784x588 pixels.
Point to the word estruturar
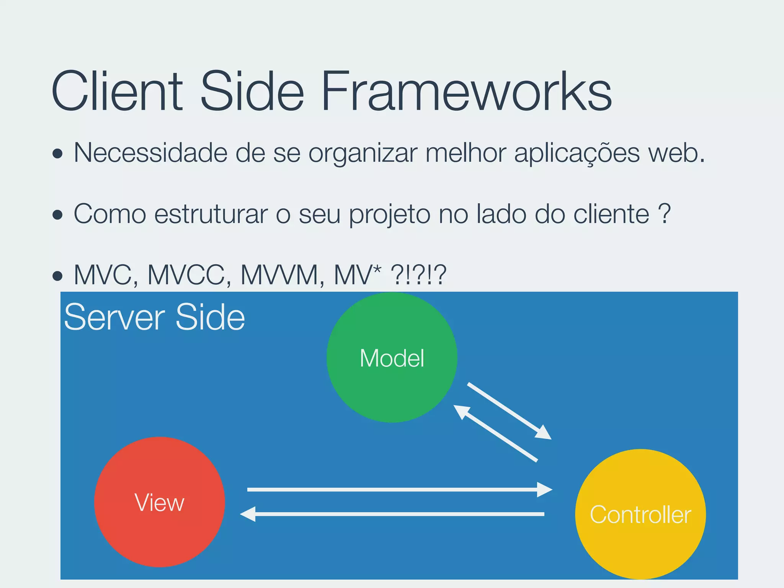(x=211, y=214)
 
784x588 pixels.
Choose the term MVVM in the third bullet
(x=281, y=275)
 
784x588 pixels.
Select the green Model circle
(x=392, y=358)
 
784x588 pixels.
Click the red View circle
(x=159, y=502)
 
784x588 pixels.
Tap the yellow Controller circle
(x=640, y=514)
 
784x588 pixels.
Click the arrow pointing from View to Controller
(x=398, y=490)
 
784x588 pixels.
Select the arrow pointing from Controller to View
(x=394, y=514)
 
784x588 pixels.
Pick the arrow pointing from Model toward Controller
(x=509, y=411)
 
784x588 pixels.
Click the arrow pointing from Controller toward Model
(x=496, y=433)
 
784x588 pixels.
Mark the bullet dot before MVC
(x=57, y=276)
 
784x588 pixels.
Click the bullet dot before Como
(x=57, y=215)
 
